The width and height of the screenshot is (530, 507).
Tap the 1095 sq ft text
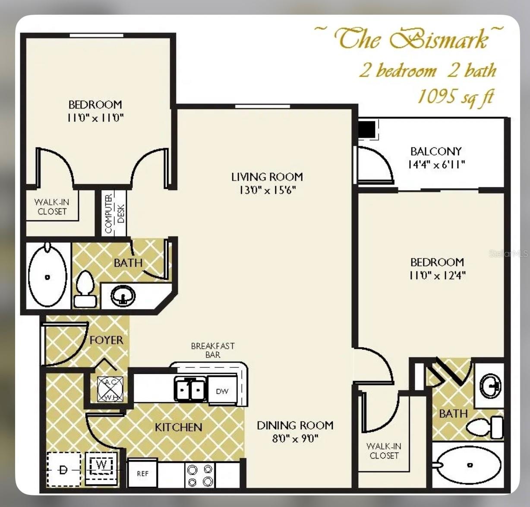click(455, 96)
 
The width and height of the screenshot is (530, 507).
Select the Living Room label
click(267, 177)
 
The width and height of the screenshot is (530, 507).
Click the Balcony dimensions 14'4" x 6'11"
click(436, 165)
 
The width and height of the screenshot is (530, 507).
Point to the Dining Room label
click(295, 425)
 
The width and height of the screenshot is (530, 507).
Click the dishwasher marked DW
click(222, 391)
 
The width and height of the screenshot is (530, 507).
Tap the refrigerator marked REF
click(142, 473)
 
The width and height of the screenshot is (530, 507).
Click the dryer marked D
click(63, 470)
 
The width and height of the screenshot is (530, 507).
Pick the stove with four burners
click(200, 475)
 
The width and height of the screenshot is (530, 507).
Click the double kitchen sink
click(190, 389)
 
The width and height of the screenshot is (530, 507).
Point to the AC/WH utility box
click(110, 389)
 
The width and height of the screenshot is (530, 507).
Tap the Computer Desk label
click(114, 214)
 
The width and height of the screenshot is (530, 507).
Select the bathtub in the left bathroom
click(47, 276)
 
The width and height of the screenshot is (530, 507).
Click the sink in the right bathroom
click(490, 385)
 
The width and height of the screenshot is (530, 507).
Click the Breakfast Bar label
click(213, 350)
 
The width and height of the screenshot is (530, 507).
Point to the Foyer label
click(106, 340)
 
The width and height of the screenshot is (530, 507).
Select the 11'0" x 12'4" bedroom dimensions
click(437, 275)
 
